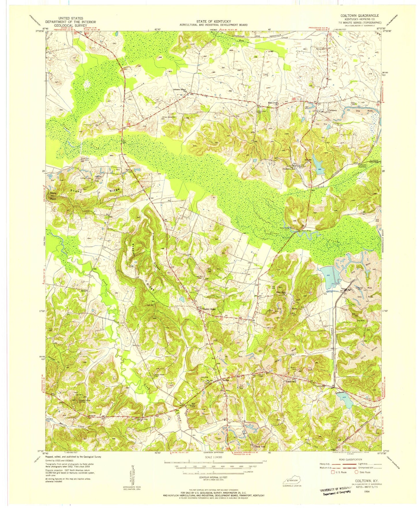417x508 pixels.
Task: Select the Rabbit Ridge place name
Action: tap(209, 309)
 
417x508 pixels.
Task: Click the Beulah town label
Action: tap(226, 380)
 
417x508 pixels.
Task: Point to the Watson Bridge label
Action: tap(306, 231)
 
